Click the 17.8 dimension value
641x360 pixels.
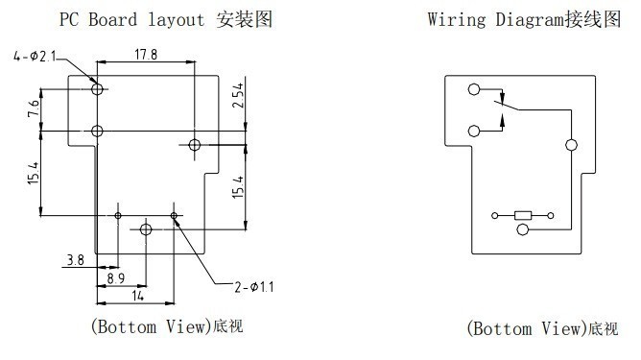click(146, 55)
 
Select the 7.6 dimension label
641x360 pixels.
click(34, 108)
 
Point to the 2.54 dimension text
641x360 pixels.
click(238, 95)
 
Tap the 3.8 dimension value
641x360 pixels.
click(76, 260)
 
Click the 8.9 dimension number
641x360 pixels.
click(116, 278)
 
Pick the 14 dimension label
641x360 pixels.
click(138, 296)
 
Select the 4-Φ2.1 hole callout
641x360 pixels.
click(35, 56)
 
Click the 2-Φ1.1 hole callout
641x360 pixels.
click(254, 287)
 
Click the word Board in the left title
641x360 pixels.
click(113, 19)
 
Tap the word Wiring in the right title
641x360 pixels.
click(457, 19)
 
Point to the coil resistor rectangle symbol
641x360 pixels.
click(523, 216)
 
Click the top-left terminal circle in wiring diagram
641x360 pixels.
click(474, 89)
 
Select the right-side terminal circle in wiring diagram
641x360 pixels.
click(571, 145)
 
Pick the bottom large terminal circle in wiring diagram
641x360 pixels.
click(522, 229)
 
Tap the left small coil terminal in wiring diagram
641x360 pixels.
click(494, 216)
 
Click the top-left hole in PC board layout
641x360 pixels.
click(97, 88)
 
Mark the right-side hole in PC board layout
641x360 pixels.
click(195, 144)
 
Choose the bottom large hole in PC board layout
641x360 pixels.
click(146, 229)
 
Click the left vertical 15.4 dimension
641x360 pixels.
click(34, 173)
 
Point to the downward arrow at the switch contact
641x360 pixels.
click(503, 97)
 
